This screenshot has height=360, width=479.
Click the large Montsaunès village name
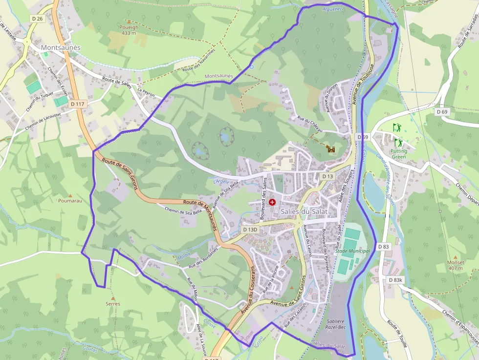coord(61,47)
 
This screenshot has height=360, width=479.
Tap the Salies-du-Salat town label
coord(304,212)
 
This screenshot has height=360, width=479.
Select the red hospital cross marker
coord(272,202)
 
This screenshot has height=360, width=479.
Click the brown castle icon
coord(331,149)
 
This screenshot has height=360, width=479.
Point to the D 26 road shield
coord(37,19)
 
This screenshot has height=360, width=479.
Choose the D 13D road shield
coord(250,229)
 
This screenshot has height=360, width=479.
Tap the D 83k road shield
coord(396,280)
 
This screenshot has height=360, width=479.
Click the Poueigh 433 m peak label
coord(129,30)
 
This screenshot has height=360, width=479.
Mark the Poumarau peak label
coord(70,200)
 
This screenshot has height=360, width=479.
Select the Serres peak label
coord(113,303)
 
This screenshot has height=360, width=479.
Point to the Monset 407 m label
coord(456,265)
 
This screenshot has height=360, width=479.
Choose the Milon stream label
coord(184,255)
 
